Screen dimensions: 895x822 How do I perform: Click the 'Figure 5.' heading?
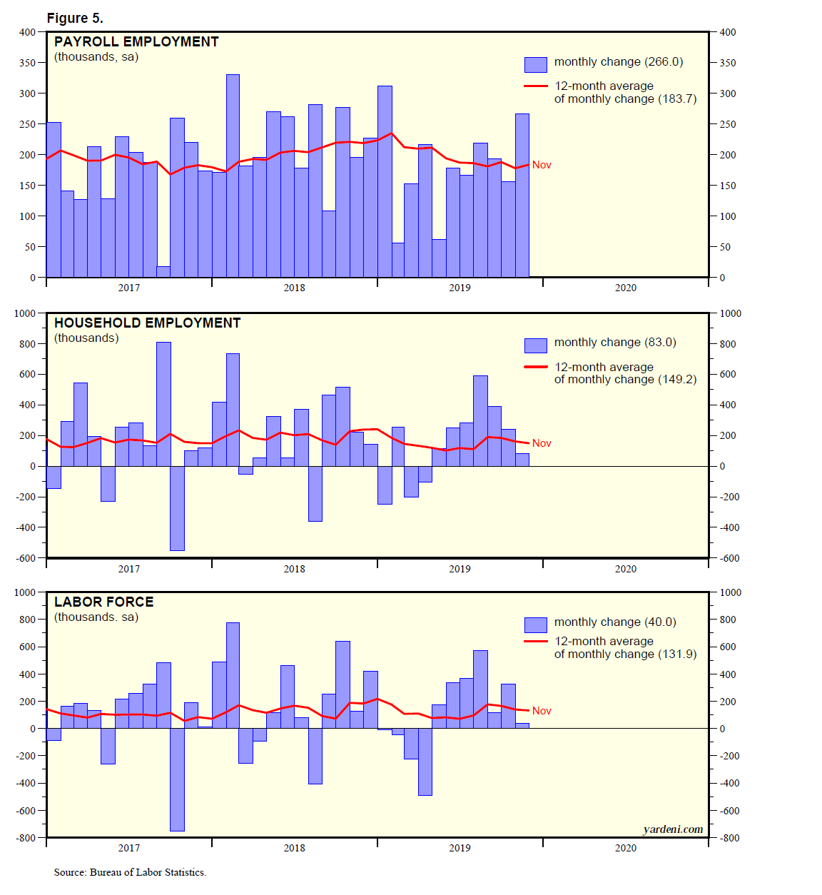75,18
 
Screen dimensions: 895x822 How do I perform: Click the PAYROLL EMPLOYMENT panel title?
136,41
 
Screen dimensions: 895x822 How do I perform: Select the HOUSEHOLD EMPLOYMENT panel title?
147,323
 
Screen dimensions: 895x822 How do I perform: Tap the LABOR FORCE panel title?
103,602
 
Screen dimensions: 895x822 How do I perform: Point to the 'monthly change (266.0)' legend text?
618,62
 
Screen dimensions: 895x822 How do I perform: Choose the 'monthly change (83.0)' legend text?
614,343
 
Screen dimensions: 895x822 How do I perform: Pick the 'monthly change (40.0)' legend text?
614,622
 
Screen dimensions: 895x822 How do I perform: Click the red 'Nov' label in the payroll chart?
542,165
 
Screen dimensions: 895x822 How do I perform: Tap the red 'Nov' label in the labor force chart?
542,711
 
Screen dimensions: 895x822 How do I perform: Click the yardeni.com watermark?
672,829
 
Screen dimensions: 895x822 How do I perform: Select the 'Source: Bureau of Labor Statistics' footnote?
130,872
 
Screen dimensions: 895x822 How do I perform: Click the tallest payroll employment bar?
233,175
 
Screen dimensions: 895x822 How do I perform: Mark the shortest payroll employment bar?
163,272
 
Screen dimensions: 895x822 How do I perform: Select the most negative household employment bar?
177,508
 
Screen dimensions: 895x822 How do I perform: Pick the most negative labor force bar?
177,779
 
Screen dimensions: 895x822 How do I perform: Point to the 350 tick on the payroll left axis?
27,63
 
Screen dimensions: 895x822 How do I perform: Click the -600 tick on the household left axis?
25,558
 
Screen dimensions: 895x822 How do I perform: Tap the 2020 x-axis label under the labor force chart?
625,848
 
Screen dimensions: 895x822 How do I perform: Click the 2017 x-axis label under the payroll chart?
128,288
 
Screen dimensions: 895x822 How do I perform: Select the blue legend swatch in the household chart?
535,345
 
